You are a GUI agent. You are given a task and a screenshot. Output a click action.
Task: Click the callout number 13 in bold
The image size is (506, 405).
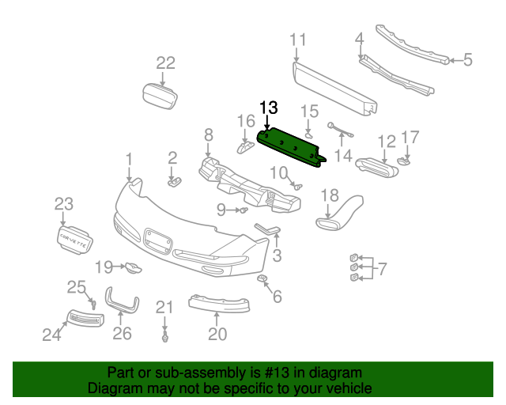pyautogui.click(x=269, y=108)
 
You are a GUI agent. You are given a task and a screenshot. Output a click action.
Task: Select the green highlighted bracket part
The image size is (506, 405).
pyautogui.click(x=293, y=146)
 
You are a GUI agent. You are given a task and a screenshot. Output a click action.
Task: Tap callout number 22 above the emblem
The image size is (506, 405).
pyautogui.click(x=165, y=64)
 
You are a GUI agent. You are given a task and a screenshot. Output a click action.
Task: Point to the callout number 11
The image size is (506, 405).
pyautogui.click(x=297, y=40)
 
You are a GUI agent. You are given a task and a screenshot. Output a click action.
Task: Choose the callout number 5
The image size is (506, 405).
pyautogui.click(x=467, y=59)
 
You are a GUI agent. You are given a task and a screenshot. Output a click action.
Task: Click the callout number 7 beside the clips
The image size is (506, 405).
pyautogui.click(x=382, y=270)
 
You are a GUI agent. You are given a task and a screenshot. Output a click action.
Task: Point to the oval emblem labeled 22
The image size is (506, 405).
pyautogui.click(x=160, y=97)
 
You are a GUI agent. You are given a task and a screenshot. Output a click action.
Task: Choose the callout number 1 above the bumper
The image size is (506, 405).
pyautogui.click(x=129, y=162)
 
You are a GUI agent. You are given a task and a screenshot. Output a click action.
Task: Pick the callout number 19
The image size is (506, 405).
pyautogui.click(x=104, y=267)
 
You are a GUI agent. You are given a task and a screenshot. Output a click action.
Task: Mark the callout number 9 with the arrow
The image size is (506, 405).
pyautogui.click(x=222, y=210)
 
